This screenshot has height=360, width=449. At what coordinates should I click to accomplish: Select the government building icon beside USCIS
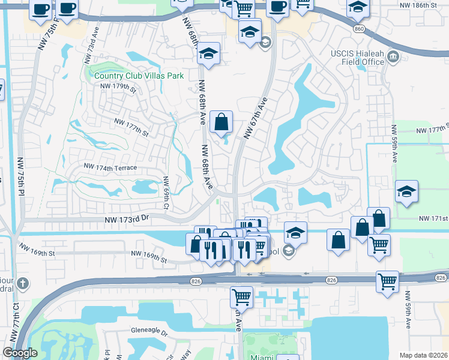pyautogui.click(x=394, y=58)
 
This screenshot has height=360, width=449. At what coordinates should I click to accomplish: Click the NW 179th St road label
pyautogui.click(x=119, y=87)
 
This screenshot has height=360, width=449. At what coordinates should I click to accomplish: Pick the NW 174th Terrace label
pyautogui.click(x=110, y=167)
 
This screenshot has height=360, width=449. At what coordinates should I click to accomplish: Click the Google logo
pyautogui.click(x=20, y=353)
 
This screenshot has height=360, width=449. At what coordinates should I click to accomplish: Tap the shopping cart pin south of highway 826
pyautogui.click(x=241, y=295)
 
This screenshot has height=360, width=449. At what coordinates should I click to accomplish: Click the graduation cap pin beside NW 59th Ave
pyautogui.click(x=406, y=192)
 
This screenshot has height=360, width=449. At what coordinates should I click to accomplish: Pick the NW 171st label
pyautogui.click(x=433, y=220)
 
